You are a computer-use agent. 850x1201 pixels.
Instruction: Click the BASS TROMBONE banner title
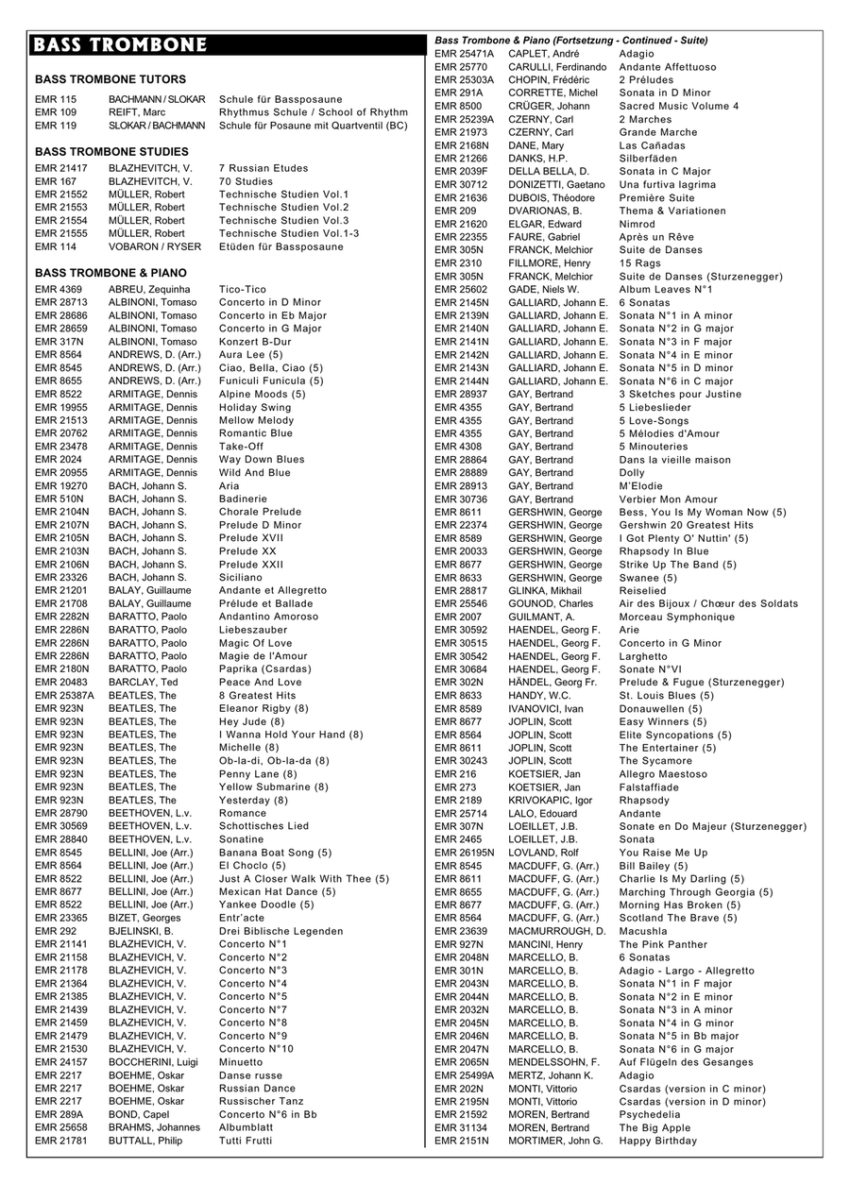119,46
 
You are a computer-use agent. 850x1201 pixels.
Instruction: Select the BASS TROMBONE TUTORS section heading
110,79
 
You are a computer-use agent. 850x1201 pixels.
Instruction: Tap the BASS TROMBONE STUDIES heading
111,151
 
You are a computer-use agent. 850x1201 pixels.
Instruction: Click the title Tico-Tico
243,289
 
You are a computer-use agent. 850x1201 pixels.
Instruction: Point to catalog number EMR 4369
59,289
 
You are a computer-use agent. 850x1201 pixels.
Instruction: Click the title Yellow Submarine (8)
274,787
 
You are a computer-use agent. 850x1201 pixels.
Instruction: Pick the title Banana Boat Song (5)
276,853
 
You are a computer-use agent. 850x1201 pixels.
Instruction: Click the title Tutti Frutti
246,1141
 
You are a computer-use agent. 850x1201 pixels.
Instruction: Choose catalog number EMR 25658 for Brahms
61,1127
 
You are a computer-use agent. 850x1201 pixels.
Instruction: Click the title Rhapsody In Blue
664,551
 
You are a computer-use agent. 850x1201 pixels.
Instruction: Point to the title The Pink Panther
663,944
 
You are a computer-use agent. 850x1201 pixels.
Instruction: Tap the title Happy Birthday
658,1141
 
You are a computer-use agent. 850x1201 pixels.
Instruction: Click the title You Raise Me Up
663,853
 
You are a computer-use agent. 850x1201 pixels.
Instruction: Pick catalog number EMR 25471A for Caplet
464,54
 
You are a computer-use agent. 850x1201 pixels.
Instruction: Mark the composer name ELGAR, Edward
542,224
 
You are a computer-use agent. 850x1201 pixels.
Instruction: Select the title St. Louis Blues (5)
667,695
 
